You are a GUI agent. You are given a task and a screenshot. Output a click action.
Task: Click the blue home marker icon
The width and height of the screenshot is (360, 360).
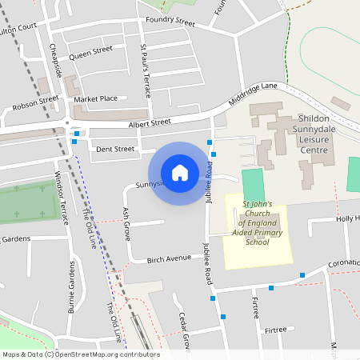pyautogui.click(x=180, y=172)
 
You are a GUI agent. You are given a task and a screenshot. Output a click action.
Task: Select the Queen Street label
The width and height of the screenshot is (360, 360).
pyautogui.click(x=90, y=54)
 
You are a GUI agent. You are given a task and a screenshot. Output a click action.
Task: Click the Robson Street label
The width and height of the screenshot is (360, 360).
pyautogui.click(x=35, y=102)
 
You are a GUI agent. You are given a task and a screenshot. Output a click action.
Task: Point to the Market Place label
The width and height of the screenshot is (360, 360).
pyautogui.click(x=96, y=98)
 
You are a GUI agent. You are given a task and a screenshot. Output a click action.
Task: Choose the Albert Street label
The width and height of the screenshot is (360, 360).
pyautogui.click(x=150, y=122)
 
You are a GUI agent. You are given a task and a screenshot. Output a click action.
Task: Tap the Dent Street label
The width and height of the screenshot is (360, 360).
pyautogui.click(x=115, y=149)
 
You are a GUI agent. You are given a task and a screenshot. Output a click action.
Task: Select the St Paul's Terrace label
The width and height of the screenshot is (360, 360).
pyautogui.click(x=145, y=70)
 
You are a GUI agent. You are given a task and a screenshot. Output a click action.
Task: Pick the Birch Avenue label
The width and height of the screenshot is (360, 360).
pyautogui.click(x=169, y=258)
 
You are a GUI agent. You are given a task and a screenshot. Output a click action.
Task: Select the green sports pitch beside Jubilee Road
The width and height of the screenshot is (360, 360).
pyautogui.click(x=252, y=182)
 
